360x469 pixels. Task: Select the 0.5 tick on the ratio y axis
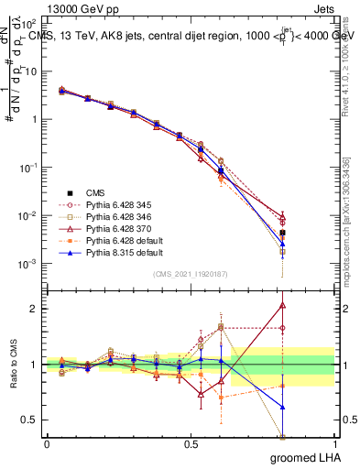pyautogui.click(x=27, y=420)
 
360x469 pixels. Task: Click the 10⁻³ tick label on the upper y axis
pyautogui.click(x=26, y=264)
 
